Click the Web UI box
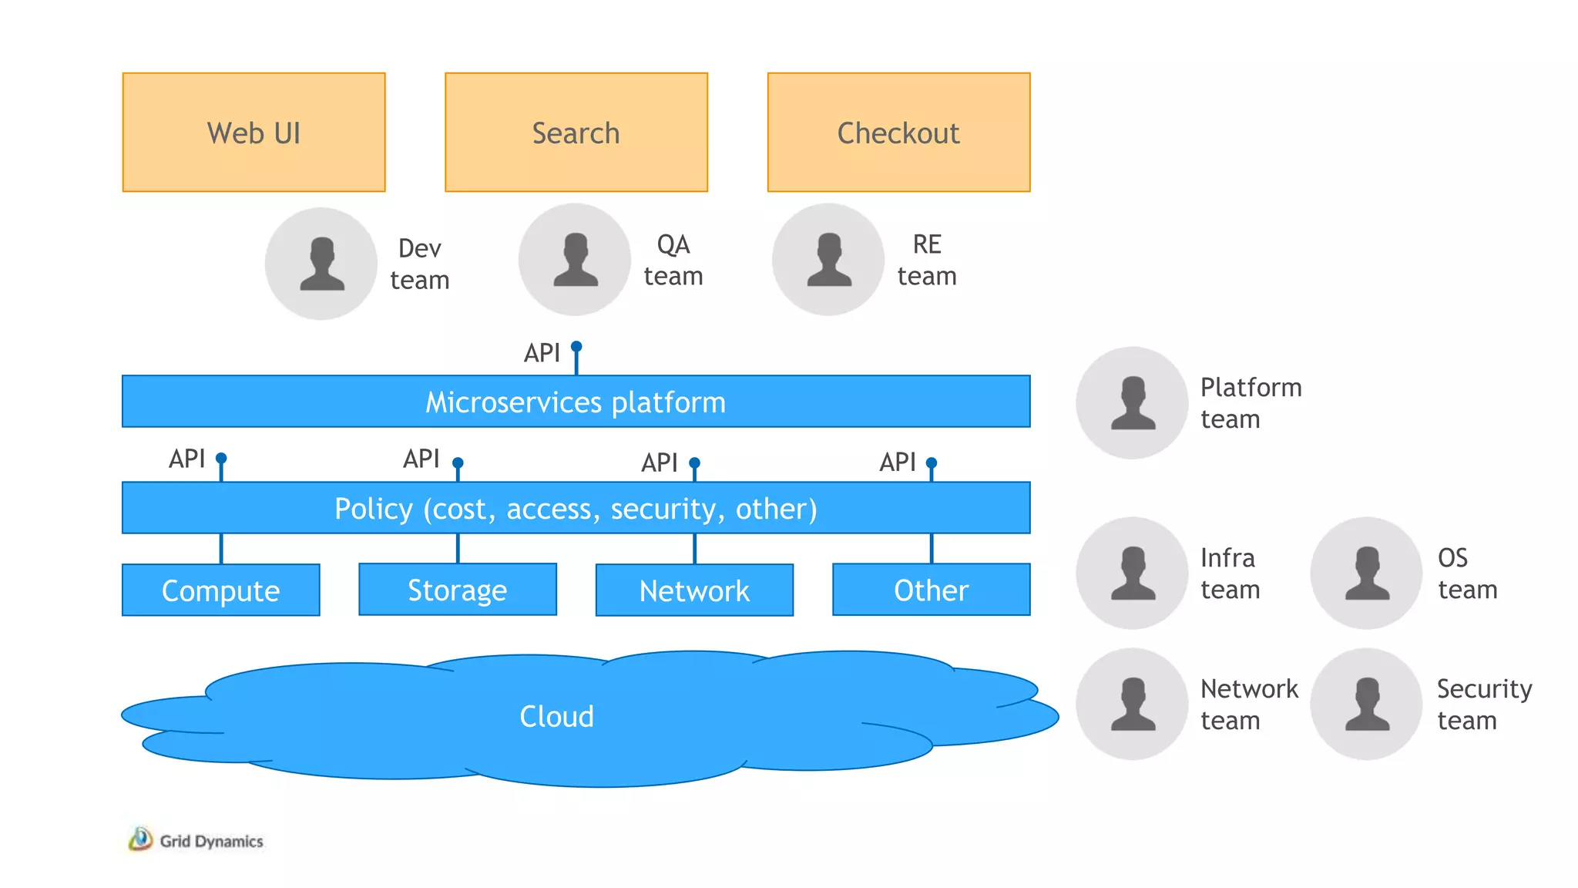[253, 132]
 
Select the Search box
[576, 132]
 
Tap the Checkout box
[898, 132]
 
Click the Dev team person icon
[321, 264]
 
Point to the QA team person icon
[575, 260]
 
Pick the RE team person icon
[828, 260]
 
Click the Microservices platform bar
[576, 402]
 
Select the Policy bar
[576, 508]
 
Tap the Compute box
[220, 590]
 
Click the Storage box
[457, 590]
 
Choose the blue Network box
[694, 590]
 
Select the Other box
[931, 590]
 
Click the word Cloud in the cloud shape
[556, 716]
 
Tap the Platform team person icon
[1132, 402]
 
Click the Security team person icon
[1366, 704]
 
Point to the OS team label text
[1466, 573]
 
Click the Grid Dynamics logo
[140, 839]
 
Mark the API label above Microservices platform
[542, 353]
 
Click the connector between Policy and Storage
[458, 548]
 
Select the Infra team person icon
[1132, 573]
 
